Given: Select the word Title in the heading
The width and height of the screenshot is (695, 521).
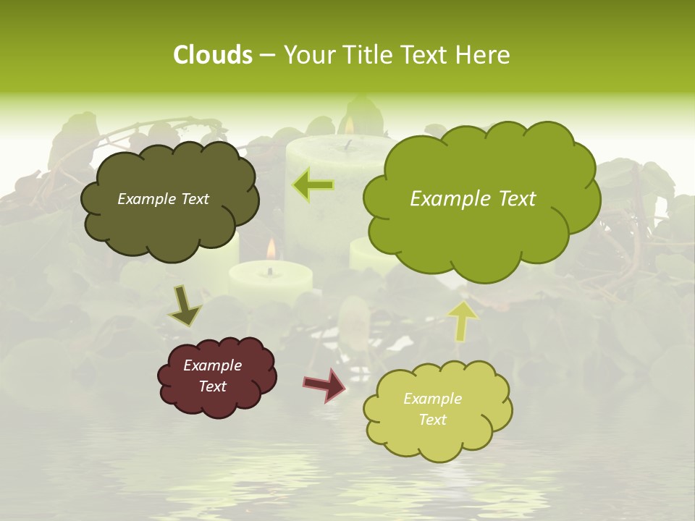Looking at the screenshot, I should (x=368, y=55).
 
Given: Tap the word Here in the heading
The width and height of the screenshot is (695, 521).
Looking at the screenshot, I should (x=486, y=55).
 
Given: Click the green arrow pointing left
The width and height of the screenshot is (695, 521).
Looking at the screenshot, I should (x=313, y=185).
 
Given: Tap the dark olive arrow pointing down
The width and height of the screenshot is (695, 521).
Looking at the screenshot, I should (x=185, y=307).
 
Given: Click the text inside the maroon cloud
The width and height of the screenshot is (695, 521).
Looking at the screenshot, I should (x=213, y=376).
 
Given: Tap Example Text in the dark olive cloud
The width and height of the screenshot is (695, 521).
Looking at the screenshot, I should (x=163, y=199).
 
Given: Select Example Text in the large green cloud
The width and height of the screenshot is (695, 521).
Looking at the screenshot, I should (x=473, y=199).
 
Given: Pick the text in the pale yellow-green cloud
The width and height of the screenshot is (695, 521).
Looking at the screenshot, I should (x=432, y=409).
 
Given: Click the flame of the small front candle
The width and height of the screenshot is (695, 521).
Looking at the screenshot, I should (x=271, y=250).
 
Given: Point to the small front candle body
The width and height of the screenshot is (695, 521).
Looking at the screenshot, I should (x=270, y=282).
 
